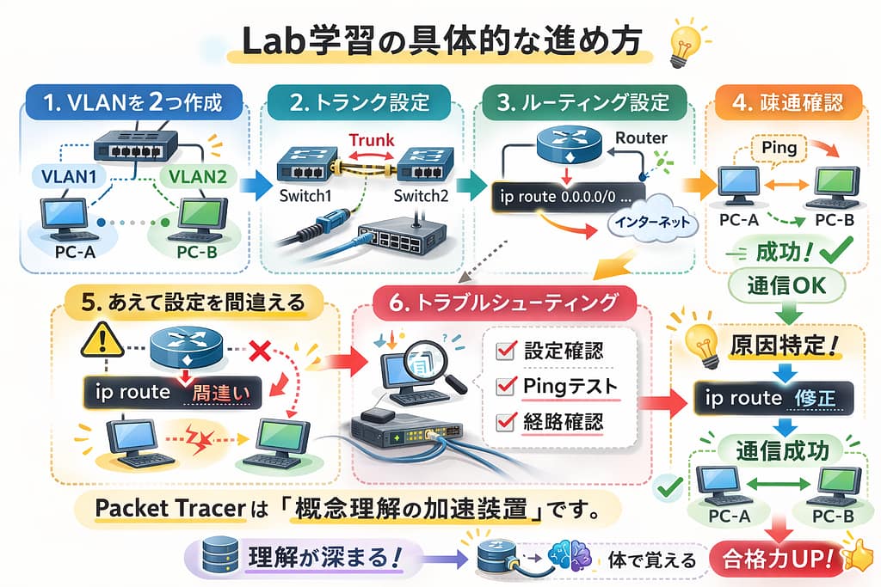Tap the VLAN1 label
tap(69, 176)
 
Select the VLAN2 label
tap(198, 176)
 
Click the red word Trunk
tap(372, 140)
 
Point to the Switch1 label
tap(305, 196)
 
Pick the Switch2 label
tap(421, 196)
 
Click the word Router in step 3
tap(641, 138)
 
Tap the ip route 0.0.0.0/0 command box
tap(568, 197)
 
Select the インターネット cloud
tap(652, 222)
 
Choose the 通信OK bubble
tap(786, 285)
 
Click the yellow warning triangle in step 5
tap(102, 341)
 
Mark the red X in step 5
tap(259, 352)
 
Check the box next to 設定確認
tap(506, 351)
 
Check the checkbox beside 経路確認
tap(506, 421)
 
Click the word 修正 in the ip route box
tap(815, 398)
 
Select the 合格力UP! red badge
tap(778, 559)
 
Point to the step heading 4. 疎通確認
tap(788, 102)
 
